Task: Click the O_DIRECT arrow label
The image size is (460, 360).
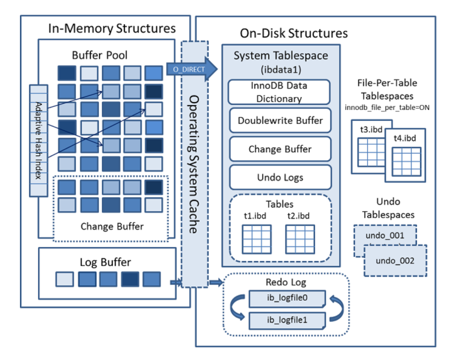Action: [188, 69]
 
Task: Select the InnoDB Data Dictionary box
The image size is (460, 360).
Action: [279, 92]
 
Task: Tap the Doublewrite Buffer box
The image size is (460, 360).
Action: [280, 120]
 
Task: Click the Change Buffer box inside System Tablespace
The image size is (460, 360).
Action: [280, 149]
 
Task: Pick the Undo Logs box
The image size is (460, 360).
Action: [280, 177]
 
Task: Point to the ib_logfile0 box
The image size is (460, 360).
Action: [287, 298]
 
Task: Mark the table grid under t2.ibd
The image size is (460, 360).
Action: [299, 239]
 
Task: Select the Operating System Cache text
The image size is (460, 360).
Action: [194, 163]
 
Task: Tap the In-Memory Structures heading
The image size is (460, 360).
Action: [112, 28]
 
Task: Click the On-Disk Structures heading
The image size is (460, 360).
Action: [294, 33]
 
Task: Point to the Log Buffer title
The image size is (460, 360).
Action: [106, 262]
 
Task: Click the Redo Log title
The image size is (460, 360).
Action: [286, 282]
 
